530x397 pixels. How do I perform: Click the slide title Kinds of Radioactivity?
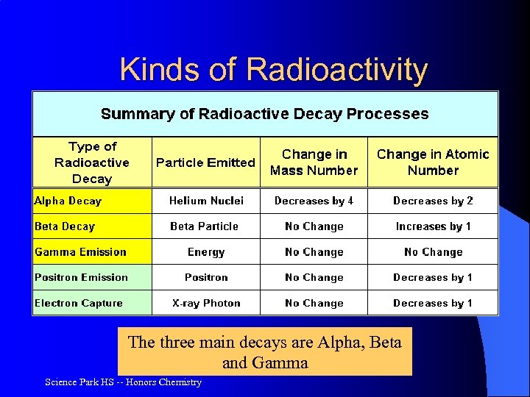tap(273, 70)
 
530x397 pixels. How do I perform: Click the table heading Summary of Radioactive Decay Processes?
tap(264, 114)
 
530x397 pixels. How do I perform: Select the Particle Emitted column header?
tap(205, 162)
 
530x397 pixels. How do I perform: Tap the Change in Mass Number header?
tap(314, 162)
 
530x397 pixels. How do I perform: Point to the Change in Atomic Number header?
tap(433, 162)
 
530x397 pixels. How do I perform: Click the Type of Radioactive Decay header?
tap(92, 162)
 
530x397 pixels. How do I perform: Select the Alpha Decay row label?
tap(68, 201)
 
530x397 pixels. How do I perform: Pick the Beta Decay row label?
tap(65, 226)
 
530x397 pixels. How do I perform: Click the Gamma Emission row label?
tap(81, 252)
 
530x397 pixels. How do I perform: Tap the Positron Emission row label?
tap(82, 277)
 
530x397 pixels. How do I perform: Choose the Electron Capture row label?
tap(79, 303)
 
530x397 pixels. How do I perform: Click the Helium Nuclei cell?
tap(206, 201)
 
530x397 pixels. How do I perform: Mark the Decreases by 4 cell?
tap(314, 201)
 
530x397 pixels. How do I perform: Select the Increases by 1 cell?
tap(433, 226)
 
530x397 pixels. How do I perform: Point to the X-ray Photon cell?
tap(206, 303)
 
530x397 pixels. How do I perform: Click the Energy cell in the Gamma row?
tap(206, 252)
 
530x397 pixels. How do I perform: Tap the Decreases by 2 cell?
tap(433, 201)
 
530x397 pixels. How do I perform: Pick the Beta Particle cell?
tap(205, 226)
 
